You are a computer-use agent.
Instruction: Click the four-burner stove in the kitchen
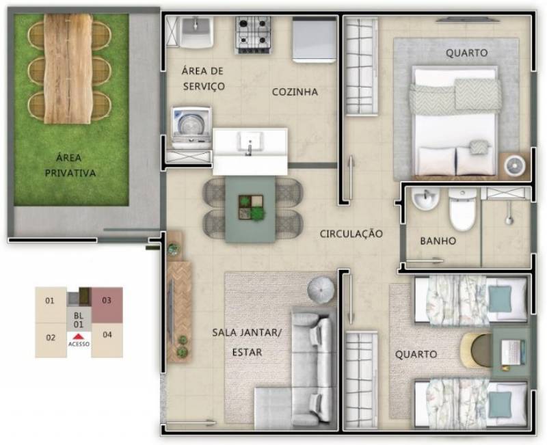coord(253,35)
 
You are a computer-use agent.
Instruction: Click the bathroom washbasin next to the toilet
coord(425,199)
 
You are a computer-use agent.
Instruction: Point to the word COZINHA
coord(295,92)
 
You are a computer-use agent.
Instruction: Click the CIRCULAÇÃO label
coord(351,234)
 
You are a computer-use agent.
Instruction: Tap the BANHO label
coord(438,241)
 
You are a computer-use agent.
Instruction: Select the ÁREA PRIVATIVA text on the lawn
coord(70,165)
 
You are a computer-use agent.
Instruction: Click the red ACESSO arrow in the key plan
coord(79,336)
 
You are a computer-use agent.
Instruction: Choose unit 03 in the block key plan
coord(107,304)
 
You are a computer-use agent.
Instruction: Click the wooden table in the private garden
coord(68,69)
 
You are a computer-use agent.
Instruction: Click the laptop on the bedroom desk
coord(511,352)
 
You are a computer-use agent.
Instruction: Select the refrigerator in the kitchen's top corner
coord(314,40)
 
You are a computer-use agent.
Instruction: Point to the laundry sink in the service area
coord(196,32)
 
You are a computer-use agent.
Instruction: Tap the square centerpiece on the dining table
coord(251,208)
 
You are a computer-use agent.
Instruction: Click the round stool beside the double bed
coord(516,165)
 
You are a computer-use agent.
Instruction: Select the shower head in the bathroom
coord(509,217)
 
